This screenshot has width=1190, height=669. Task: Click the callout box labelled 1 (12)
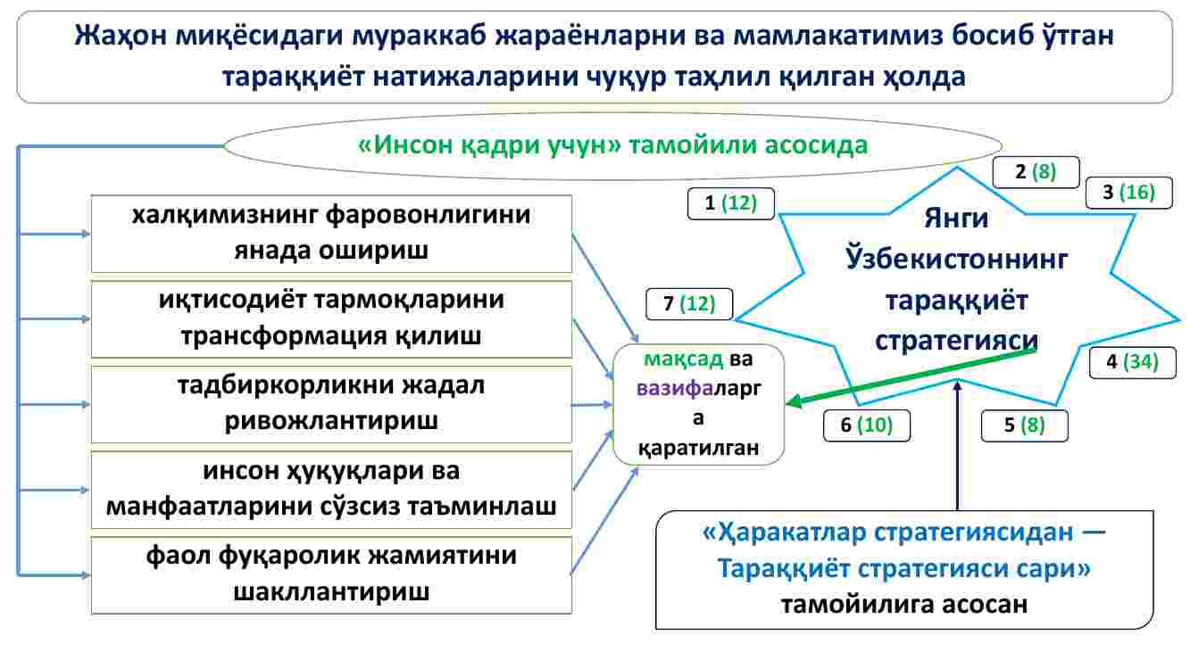730,203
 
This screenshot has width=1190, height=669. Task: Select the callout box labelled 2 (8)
1036,172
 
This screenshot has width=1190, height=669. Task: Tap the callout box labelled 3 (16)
1129,192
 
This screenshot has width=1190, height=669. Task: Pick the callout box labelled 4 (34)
1133,362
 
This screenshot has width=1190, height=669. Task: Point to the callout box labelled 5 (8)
1024,425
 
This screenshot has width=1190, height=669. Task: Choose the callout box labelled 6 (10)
867,425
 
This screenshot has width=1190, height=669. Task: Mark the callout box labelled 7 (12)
689,303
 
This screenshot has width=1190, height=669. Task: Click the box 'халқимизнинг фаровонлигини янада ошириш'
331,234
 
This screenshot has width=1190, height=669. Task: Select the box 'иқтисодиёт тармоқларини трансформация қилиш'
331,319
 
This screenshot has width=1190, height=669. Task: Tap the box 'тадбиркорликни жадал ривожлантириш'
331,404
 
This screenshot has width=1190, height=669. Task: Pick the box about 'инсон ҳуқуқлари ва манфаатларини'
331,490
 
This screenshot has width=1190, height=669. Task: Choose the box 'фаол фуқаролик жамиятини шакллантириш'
331,575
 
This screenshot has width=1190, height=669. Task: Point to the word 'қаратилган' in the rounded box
698,448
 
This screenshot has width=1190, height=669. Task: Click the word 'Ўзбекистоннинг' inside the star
956,259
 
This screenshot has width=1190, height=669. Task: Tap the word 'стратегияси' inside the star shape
956,341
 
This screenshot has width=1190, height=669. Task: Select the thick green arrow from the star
911,376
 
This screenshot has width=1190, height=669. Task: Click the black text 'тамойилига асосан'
903,604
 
